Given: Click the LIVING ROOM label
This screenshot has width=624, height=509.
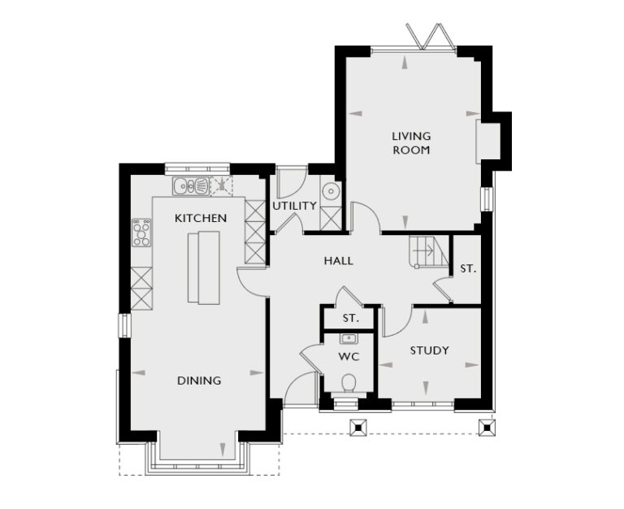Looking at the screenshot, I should point(411,143).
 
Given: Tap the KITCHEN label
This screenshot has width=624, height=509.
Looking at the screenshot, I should point(201,218).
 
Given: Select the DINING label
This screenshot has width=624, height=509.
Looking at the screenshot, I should point(199,381).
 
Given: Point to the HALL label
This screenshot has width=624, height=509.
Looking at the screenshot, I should point(338,261).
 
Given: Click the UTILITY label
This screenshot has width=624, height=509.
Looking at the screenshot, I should point(294,206).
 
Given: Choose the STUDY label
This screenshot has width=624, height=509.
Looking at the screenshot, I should point(429,350).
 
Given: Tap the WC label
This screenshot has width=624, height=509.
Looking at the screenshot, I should point(349,356).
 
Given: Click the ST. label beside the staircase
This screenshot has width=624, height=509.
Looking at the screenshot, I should point(467,268).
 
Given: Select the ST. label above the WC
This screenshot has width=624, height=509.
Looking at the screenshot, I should point(350,318).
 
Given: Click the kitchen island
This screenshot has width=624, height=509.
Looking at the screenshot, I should point(203,267).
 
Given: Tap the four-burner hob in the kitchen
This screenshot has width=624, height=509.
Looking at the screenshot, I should point(141,233).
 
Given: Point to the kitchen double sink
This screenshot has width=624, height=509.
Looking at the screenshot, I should point(190,186).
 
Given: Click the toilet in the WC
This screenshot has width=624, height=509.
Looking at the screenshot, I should point(349,382).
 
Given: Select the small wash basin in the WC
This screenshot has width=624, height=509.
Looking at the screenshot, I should point(349,338).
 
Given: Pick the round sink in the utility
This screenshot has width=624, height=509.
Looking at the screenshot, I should point(331,192).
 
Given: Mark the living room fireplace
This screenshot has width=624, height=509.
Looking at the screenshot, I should point(491,141).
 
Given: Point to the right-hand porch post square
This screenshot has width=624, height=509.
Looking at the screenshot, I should point(486,425).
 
